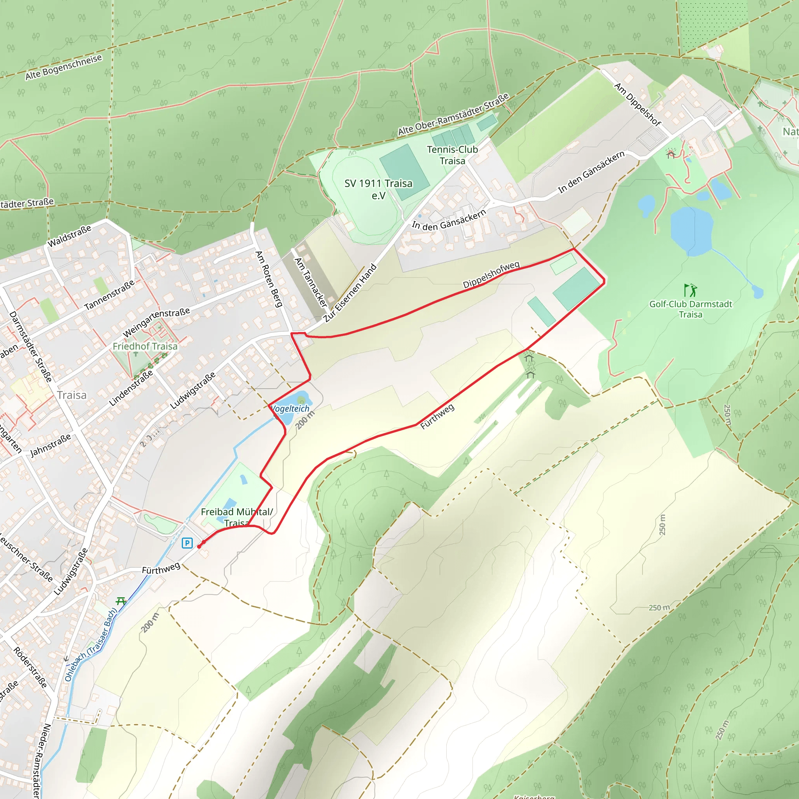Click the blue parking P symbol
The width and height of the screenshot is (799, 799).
(187, 543)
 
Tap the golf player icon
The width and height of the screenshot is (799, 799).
(690, 290)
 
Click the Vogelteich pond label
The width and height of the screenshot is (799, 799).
(290, 408)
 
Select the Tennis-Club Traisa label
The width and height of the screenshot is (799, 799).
(453, 155)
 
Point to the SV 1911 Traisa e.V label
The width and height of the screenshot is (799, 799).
(378, 189)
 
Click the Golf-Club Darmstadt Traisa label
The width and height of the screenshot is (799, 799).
(691, 309)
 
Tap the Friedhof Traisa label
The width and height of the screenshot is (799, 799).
(145, 346)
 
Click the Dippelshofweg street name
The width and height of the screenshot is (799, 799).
(491, 275)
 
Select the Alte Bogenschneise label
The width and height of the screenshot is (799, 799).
(64, 67)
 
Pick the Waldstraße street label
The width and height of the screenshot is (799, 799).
(69, 236)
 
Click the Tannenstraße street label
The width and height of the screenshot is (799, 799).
(110, 295)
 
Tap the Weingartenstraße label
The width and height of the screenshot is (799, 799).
(156, 322)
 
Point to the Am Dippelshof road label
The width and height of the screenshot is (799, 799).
(638, 104)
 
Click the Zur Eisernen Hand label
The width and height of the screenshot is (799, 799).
(350, 292)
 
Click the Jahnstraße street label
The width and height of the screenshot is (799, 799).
(51, 445)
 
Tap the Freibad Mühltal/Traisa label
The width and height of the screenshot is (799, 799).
(237, 517)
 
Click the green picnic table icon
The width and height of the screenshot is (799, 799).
(121, 601)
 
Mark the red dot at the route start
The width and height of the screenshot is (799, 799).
(199, 546)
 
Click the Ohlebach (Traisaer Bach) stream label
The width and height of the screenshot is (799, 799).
(91, 645)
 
